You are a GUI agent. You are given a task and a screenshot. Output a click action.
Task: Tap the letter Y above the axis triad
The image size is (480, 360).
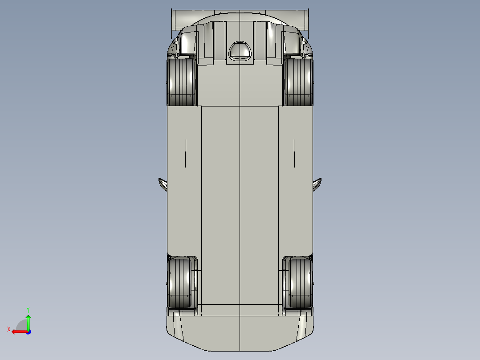point(28,309)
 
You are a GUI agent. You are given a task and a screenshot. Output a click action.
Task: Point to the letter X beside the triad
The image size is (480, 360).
point(9,329)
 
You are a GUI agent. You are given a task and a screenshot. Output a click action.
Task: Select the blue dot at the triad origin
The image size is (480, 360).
point(28,331)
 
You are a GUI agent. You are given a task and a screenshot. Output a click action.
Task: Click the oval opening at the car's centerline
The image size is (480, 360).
point(240,50)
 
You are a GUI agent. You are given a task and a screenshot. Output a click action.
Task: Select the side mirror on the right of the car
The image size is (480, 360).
point(317,184)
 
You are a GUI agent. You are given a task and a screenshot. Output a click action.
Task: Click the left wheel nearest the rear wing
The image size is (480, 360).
point(182,82)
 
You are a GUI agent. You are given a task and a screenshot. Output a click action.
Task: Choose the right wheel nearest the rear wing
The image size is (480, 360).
point(298,82)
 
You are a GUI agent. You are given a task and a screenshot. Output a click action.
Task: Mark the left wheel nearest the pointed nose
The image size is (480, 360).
point(182,283)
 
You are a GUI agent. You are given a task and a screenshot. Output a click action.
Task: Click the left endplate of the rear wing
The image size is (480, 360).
point(173,20)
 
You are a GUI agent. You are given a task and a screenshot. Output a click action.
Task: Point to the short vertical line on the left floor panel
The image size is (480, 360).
point(186,153)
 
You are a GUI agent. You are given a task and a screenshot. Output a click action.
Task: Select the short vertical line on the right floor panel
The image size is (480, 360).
point(294,153)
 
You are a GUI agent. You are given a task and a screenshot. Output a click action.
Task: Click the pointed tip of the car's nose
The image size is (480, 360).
point(240,350)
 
